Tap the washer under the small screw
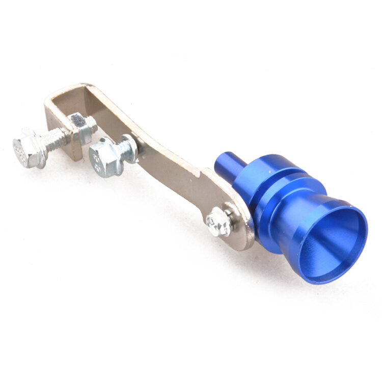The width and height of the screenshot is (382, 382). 229,217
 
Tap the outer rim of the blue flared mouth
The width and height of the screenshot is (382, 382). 357,224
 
